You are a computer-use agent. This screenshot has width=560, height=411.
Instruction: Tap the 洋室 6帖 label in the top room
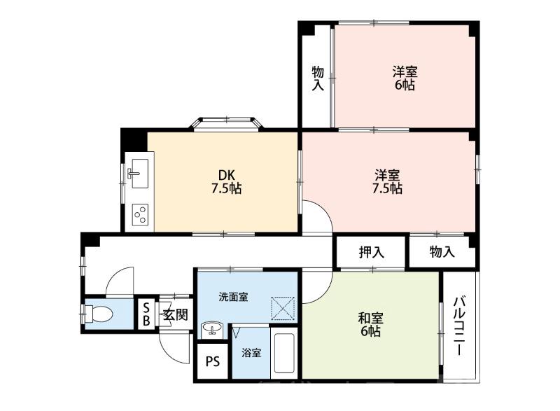pos(405,78)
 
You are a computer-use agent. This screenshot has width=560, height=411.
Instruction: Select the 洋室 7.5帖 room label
pos(387,181)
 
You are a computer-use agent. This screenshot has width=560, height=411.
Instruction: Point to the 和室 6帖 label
pos(370,324)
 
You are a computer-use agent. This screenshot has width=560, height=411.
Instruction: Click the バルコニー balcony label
pos(459,326)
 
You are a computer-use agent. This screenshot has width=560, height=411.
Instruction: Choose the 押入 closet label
pos(371,252)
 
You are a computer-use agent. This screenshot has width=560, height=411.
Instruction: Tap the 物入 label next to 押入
pos(442,252)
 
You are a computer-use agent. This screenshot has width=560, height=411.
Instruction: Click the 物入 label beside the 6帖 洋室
pos(317,78)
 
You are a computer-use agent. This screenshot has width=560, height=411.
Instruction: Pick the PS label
pos(213,362)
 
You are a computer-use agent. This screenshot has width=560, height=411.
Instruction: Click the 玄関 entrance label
pos(174,314)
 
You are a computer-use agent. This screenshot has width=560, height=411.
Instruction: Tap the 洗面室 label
pos(232,297)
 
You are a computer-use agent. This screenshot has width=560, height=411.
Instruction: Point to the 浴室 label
pos(251,353)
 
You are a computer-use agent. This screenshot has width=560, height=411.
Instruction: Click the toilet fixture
pos(97,314)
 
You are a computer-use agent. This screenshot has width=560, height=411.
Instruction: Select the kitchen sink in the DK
pos(136,170)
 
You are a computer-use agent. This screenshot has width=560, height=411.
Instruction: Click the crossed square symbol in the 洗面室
pos(283,307)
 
